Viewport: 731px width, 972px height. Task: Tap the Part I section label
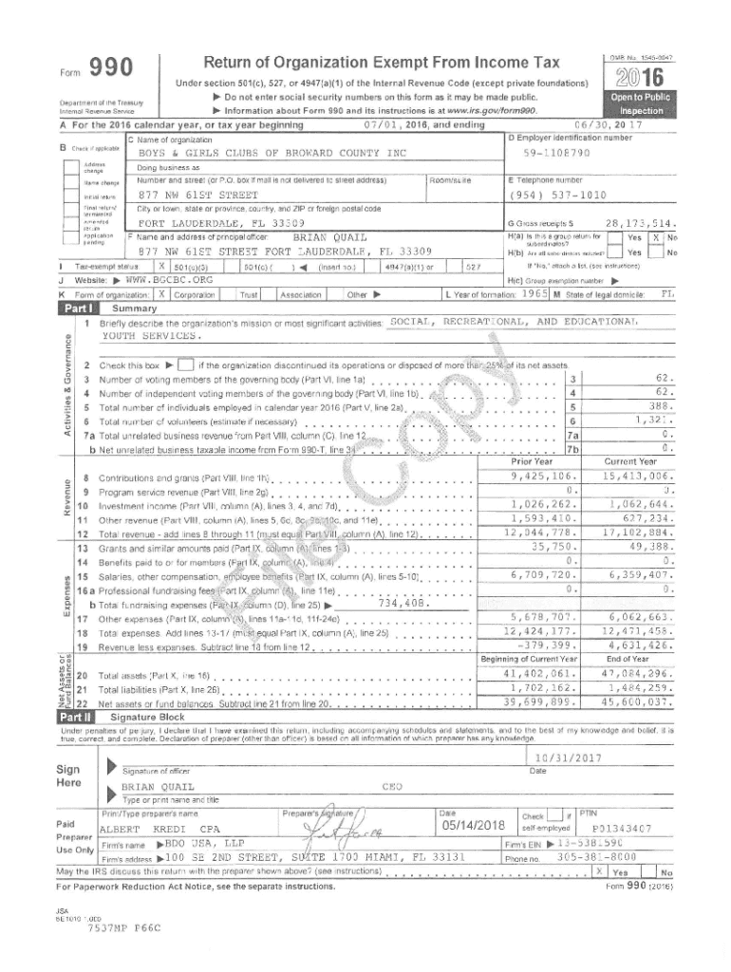pyautogui.click(x=78, y=309)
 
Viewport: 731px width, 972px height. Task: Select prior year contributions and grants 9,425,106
pyautogui.click(x=545, y=476)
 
